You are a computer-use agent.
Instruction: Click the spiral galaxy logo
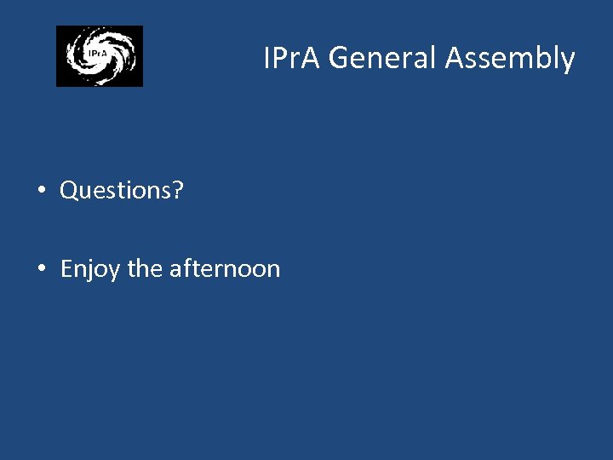pyautogui.click(x=100, y=56)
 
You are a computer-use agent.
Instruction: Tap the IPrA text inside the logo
pyautogui.click(x=96, y=54)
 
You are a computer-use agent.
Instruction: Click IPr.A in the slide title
pyautogui.click(x=292, y=59)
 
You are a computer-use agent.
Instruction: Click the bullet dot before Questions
pyautogui.click(x=42, y=191)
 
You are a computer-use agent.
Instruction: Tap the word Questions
pyautogui.click(x=116, y=191)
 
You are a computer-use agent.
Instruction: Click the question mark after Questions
pyautogui.click(x=178, y=190)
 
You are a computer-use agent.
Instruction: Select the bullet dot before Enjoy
pyautogui.click(x=42, y=269)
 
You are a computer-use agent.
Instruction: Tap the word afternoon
pyautogui.click(x=225, y=269)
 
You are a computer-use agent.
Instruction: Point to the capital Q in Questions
pyautogui.click(x=69, y=191)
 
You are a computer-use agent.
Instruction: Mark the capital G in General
pyautogui.click(x=338, y=59)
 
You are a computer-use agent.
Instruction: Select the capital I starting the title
pyautogui.click(x=267, y=59)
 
